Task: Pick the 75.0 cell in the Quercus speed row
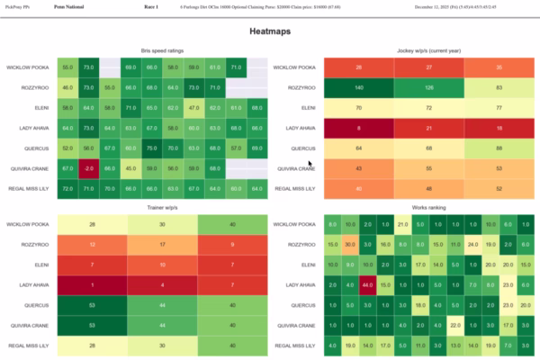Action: [x=151, y=148]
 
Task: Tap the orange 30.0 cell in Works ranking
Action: [x=350, y=245]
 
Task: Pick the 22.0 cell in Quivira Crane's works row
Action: [x=454, y=326]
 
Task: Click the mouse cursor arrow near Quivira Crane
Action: [x=310, y=163]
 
